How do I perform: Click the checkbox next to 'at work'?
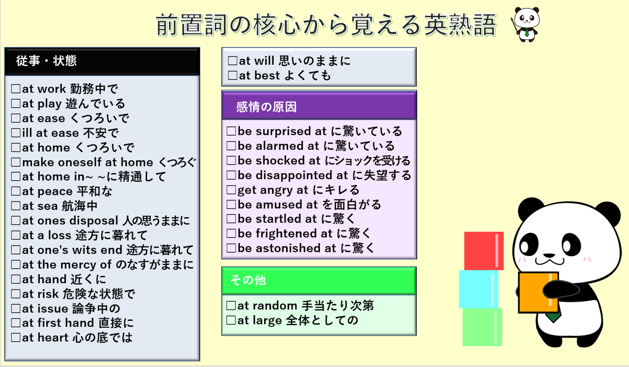[x=16, y=90]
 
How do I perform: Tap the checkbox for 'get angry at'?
[x=231, y=190]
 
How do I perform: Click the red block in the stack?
[x=483, y=251]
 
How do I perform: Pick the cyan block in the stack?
[x=479, y=288]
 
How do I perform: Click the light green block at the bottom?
[x=482, y=327]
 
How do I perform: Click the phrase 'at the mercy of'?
[x=67, y=265]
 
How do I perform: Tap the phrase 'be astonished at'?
[x=284, y=249]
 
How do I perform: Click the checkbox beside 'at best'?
[x=233, y=76]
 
